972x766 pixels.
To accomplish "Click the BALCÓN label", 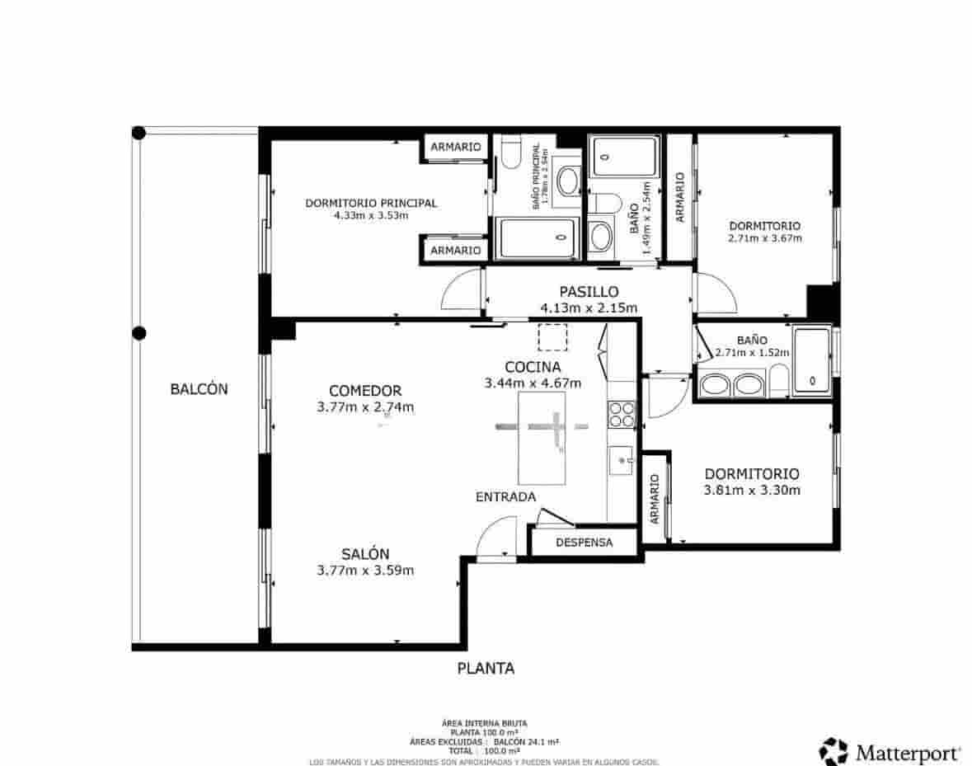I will click(199, 389).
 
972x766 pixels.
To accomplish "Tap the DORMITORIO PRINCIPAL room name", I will click(371, 203).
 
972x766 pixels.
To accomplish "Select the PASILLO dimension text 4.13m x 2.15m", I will click(589, 308).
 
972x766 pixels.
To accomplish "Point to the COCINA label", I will click(533, 367).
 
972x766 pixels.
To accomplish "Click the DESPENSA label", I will click(584, 543).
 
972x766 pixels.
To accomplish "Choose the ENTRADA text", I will click(505, 497).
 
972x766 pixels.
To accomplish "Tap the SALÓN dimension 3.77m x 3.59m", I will click(365, 571).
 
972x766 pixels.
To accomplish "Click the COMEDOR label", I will click(364, 391).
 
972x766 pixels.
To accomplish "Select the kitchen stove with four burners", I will click(622, 414).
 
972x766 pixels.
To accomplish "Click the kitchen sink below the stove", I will click(622, 462).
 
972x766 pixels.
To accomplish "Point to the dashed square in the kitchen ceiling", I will click(552, 338).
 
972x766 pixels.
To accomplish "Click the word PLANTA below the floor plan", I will click(486, 669).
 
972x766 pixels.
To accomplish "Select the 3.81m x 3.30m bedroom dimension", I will click(752, 490).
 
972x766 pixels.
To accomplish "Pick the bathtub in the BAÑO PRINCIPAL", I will click(537, 239).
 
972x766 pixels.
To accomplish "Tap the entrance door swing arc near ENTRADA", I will click(496, 536).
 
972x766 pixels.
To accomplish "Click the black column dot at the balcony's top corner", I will click(139, 133).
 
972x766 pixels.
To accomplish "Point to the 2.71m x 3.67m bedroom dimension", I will click(764, 238).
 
